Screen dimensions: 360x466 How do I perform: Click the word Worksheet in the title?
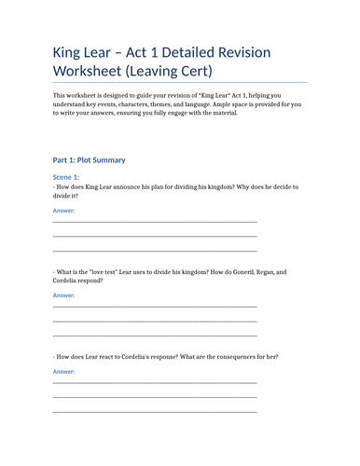pyautogui.click(x=99, y=71)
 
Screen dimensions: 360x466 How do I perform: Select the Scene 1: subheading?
pyautogui.click(x=66, y=176)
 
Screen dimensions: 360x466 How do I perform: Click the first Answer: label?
pyautogui.click(x=63, y=211)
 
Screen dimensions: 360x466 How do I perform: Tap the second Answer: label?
pyautogui.click(x=63, y=295)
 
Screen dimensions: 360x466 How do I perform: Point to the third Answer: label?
pyautogui.click(x=63, y=372)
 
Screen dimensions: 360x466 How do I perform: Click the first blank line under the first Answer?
pyautogui.click(x=155, y=222)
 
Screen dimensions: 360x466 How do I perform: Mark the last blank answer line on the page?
pyautogui.click(x=155, y=411)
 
